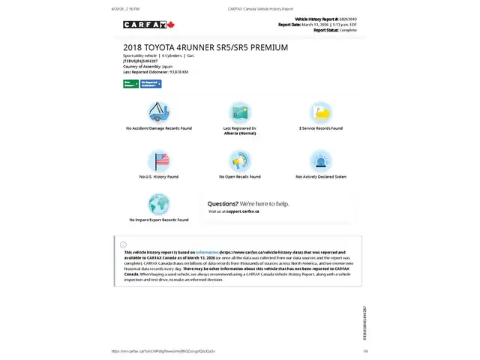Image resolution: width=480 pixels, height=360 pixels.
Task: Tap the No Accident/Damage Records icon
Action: tap(159, 112)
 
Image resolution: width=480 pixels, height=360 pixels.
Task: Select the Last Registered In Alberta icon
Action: tap(240, 112)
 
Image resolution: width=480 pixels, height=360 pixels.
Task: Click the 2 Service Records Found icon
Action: tap(321, 112)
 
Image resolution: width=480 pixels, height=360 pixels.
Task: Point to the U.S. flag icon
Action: tap(159, 160)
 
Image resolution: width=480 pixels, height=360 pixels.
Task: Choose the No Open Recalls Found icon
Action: tap(240, 160)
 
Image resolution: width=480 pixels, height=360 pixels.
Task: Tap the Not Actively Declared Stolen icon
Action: tap(321, 160)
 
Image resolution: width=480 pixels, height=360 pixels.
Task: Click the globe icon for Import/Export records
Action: tap(159, 203)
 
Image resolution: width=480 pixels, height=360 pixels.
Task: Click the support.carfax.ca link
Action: tap(242, 211)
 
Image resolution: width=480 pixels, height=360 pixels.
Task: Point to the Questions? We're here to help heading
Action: tap(247, 203)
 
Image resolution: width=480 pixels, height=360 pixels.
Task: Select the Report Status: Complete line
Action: tap(335, 30)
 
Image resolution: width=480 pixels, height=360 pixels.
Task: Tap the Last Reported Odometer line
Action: tap(155, 72)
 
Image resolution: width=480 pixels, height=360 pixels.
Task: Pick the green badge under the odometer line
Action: tap(130, 83)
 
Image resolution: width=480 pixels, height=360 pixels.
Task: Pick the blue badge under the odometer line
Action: tap(151, 83)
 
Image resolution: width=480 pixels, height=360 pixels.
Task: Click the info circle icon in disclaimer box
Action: tap(124, 244)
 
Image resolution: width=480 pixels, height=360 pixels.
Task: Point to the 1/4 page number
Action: tap(365, 351)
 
